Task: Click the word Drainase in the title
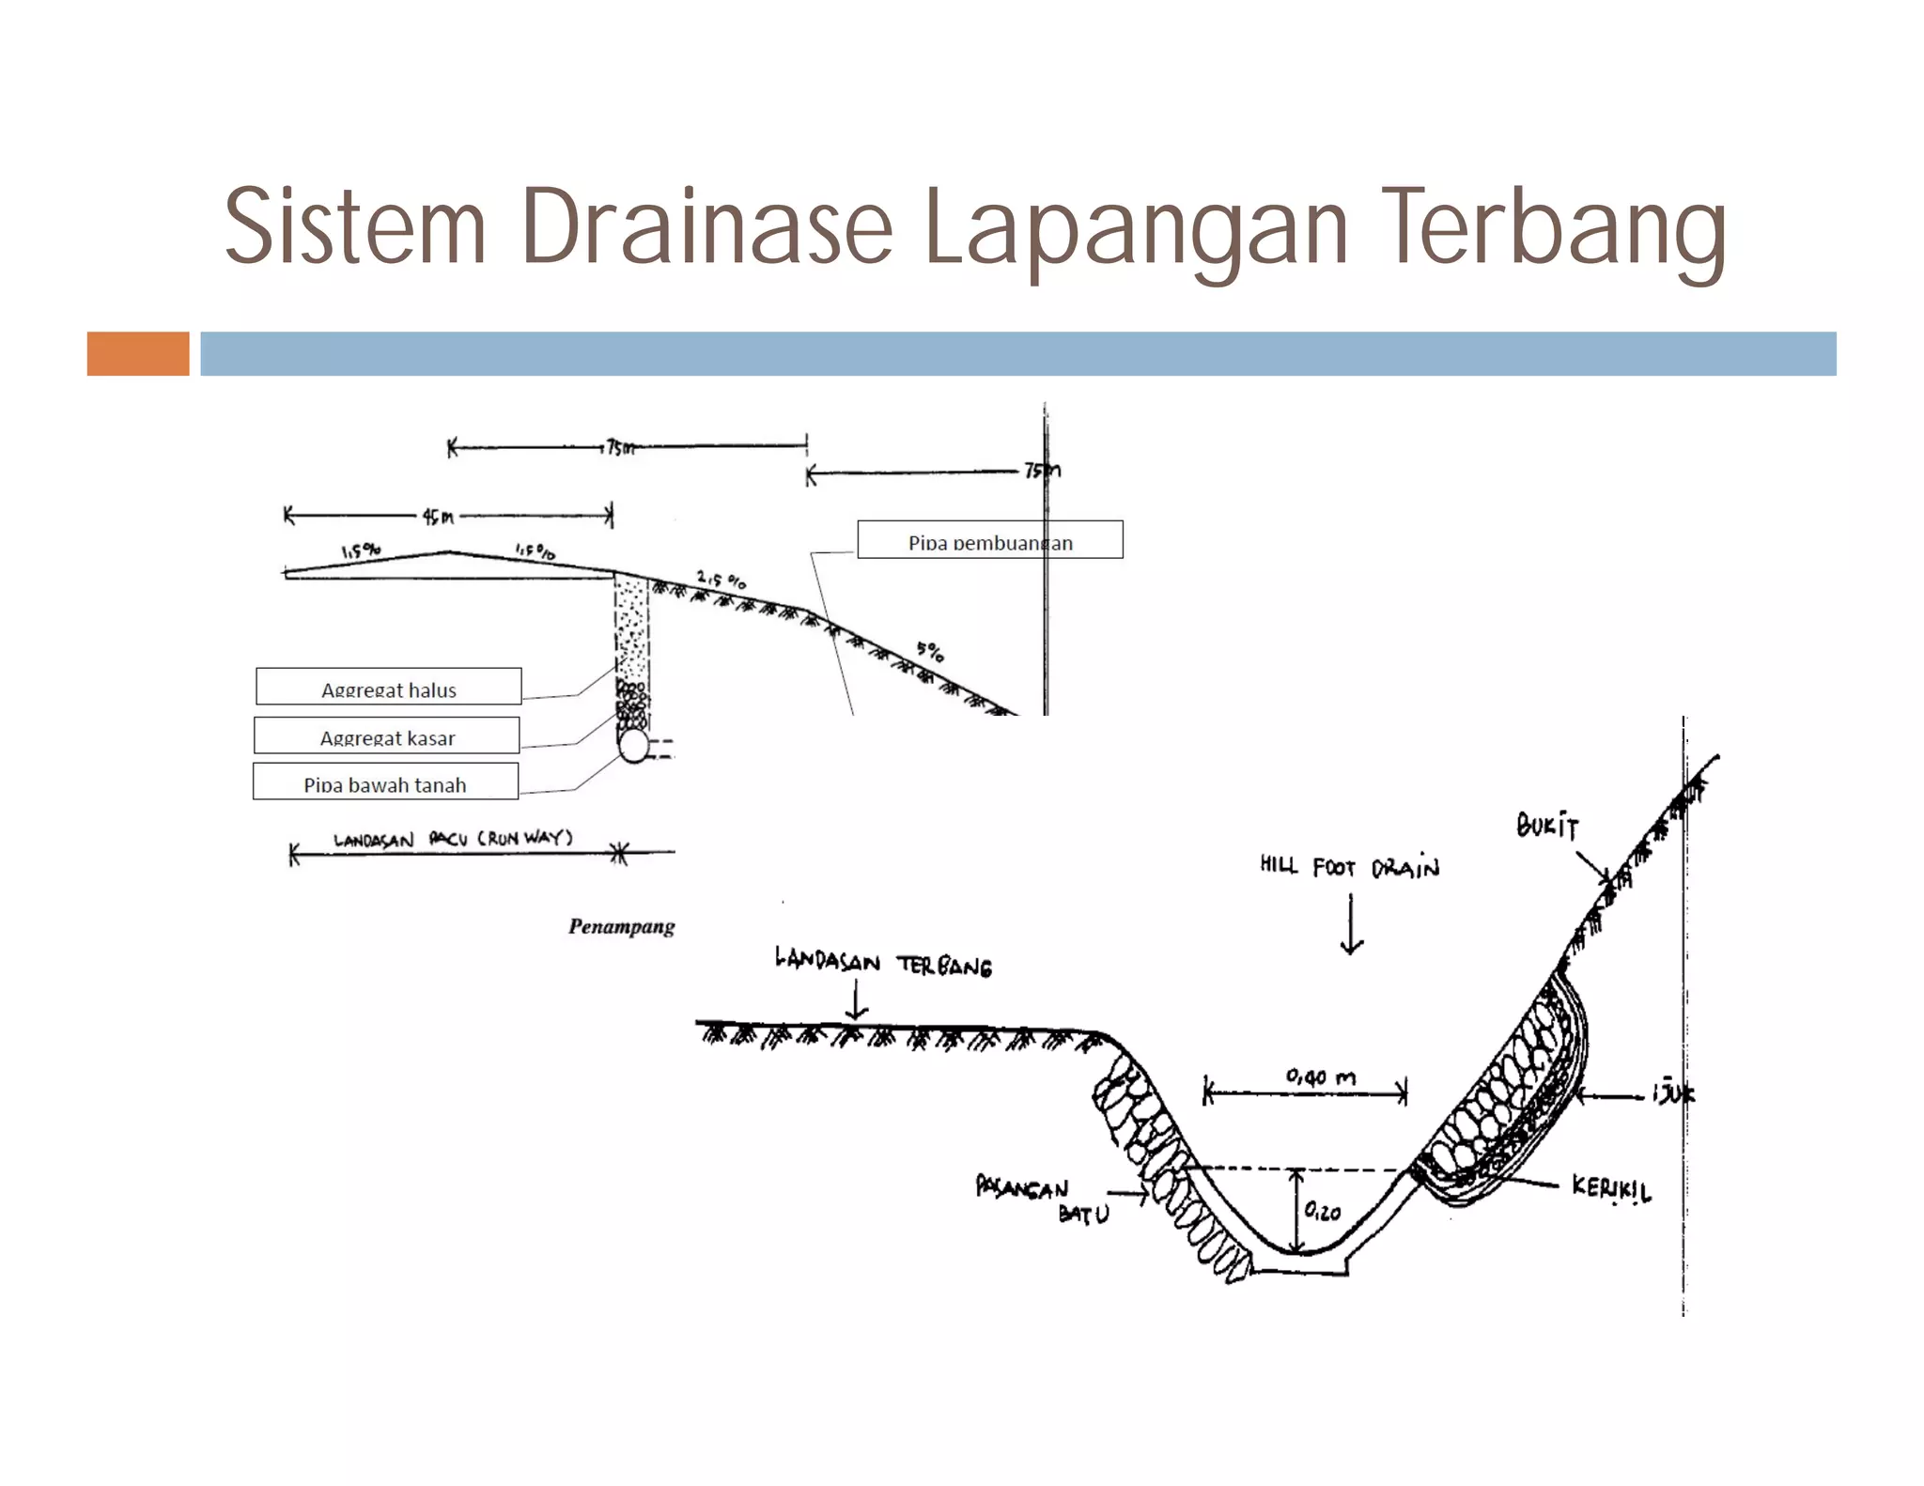tap(706, 227)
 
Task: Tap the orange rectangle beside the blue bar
tap(138, 353)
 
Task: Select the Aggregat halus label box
tap(388, 687)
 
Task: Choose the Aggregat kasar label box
tap(386, 735)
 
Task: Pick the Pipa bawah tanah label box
tap(385, 782)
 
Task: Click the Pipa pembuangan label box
tap(989, 540)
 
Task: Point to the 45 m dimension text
tap(437, 517)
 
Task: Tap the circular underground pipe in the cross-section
tap(634, 747)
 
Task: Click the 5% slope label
tap(930, 650)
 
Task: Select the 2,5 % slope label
tap(721, 579)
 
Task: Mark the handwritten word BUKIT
tap(1547, 826)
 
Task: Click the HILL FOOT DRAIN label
tap(1349, 866)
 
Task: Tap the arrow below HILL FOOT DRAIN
tap(1351, 924)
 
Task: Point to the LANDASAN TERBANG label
tap(882, 962)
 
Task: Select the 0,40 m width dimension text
tap(1320, 1076)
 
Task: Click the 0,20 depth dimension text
tap(1323, 1212)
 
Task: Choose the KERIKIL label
tap(1610, 1188)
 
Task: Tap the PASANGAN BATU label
tap(1041, 1200)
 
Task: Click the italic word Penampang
tap(621, 927)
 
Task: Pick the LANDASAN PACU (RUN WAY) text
tap(453, 838)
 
